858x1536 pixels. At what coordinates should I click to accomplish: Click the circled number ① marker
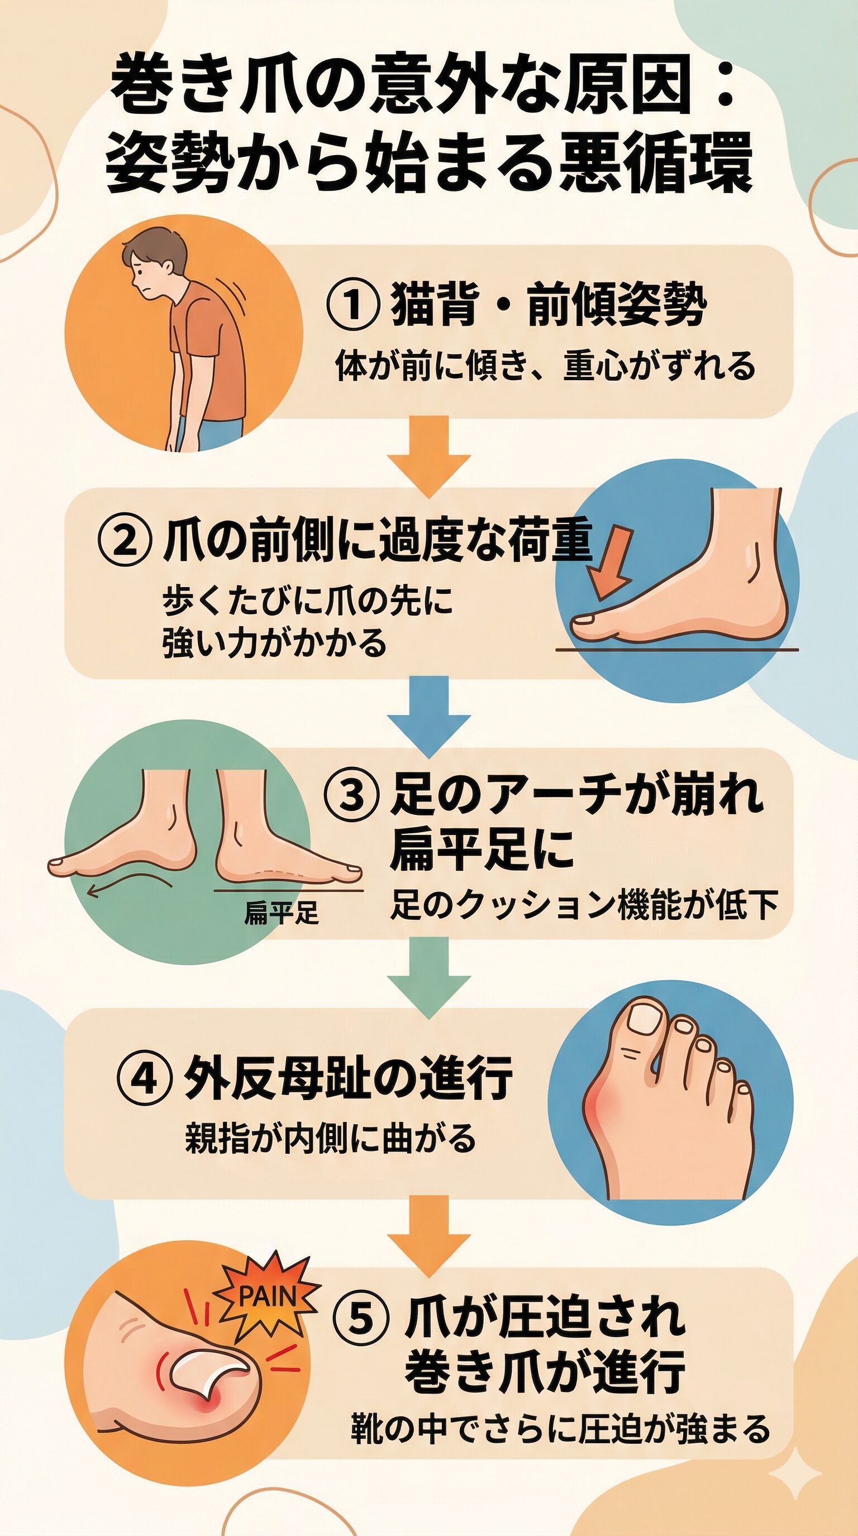click(x=352, y=305)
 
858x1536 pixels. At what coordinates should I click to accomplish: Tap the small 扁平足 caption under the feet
click(x=282, y=913)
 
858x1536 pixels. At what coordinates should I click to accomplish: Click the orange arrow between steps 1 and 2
click(x=429, y=457)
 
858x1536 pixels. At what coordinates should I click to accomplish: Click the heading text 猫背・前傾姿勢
click(x=549, y=306)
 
